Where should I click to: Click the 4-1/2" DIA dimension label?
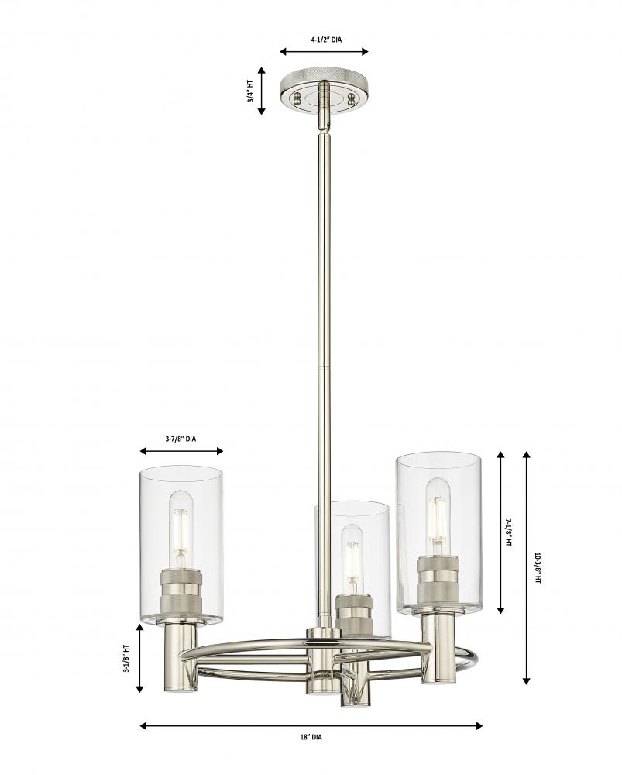click(325, 40)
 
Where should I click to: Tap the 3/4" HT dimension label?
click(251, 91)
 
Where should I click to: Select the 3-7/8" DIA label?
click(180, 439)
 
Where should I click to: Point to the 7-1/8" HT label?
click(508, 532)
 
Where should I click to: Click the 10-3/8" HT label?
click(538, 568)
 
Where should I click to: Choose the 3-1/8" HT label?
click(126, 658)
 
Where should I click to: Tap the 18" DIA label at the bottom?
click(311, 737)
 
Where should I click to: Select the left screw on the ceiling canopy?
click(298, 97)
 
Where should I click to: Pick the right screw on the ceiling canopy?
click(352, 98)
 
